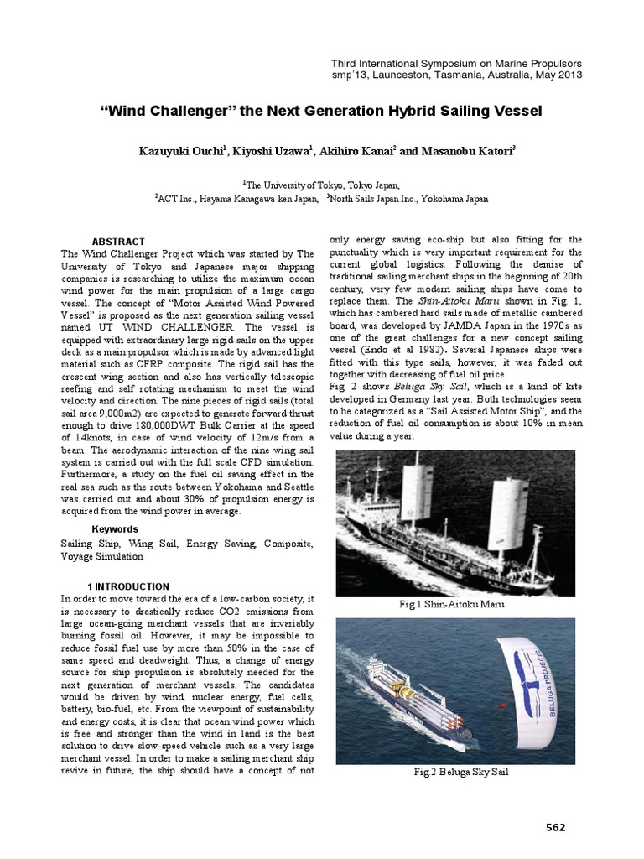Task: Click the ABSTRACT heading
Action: [x=118, y=242]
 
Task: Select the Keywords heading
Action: [x=115, y=529]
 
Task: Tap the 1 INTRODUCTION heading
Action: [x=128, y=586]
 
